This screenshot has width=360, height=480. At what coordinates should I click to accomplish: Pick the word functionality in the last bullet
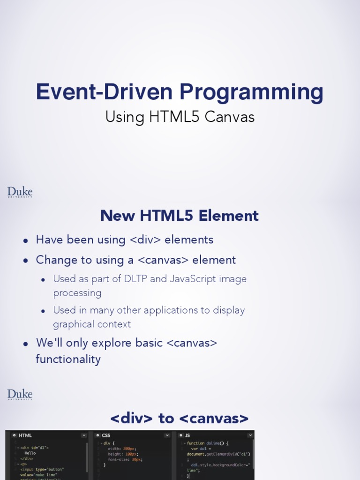pyautogui.click(x=68, y=360)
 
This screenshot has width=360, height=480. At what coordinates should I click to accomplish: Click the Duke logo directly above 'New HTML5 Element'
pyautogui.click(x=20, y=192)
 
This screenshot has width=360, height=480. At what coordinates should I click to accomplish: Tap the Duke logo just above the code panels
pyautogui.click(x=20, y=395)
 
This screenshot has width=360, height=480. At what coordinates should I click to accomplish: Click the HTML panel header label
pyautogui.click(x=25, y=435)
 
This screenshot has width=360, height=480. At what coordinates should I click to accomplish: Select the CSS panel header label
pyautogui.click(x=106, y=435)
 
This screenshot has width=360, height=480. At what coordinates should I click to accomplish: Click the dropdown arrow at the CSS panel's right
pyautogui.click(x=167, y=435)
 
